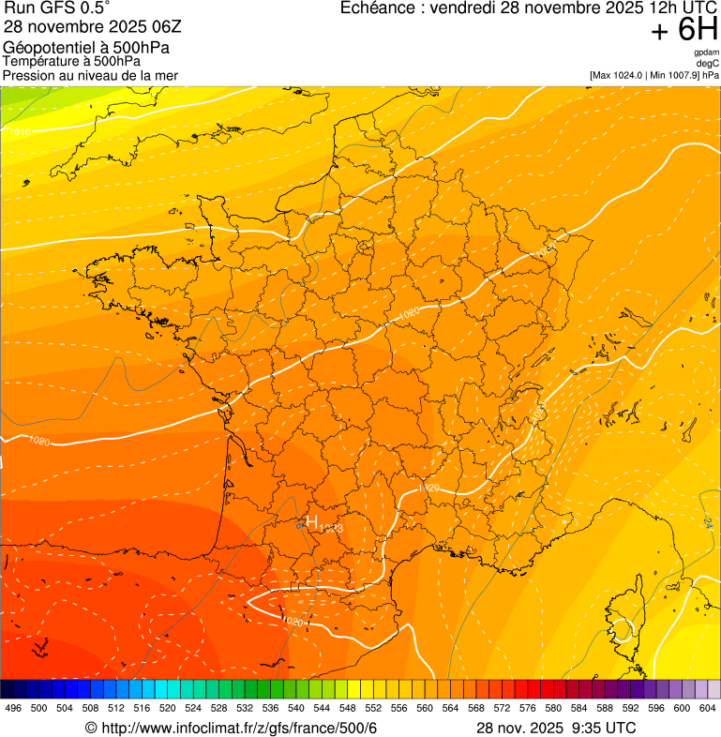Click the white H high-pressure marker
click(x=312, y=522)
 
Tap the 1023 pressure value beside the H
click(x=331, y=529)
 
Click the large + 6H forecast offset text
click(x=683, y=31)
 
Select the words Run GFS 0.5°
click(x=55, y=9)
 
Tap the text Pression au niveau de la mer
click(x=90, y=75)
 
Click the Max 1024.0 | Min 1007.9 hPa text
click(x=653, y=74)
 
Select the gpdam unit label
click(x=706, y=53)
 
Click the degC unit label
click(x=708, y=63)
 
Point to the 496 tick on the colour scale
click(x=13, y=707)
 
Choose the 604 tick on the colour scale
click(x=707, y=707)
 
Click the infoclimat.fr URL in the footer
click(x=238, y=728)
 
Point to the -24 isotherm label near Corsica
click(x=707, y=523)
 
